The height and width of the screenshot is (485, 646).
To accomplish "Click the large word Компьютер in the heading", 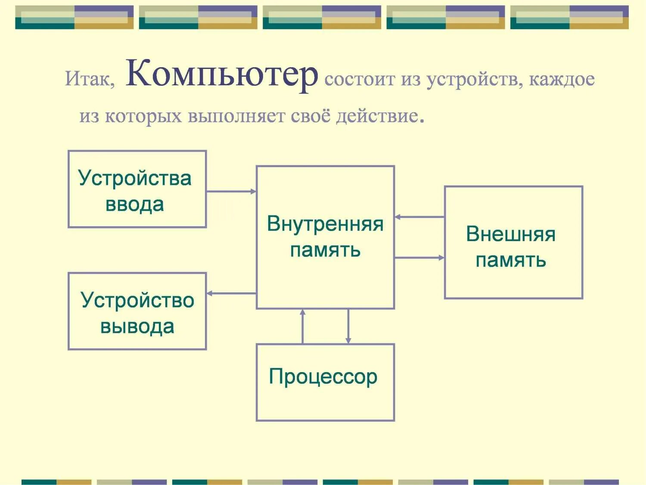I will [x=222, y=74].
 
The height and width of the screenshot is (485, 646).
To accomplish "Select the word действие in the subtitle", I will [x=377, y=116].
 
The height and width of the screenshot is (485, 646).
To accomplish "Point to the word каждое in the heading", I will [x=562, y=79].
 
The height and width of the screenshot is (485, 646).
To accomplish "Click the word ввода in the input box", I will [x=135, y=204].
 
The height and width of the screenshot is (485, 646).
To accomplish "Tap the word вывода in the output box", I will [x=137, y=326].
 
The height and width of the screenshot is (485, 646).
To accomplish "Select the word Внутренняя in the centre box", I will [x=325, y=224].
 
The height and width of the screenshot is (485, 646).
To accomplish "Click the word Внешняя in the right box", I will [x=511, y=234].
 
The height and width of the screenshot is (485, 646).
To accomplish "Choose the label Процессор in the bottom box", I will [x=323, y=376].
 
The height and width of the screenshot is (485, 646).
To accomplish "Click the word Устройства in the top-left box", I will [x=135, y=178].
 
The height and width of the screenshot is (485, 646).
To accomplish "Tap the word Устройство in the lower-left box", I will [x=137, y=300].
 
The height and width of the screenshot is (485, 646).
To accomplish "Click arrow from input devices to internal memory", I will [x=231, y=192].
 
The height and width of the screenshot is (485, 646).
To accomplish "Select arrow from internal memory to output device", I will [x=231, y=293].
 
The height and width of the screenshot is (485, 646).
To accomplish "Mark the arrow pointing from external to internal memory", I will [x=419, y=217].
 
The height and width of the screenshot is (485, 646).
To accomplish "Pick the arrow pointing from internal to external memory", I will [x=419, y=258].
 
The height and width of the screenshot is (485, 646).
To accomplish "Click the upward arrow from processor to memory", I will [x=303, y=326].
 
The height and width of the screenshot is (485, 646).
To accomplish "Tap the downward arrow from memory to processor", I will [x=348, y=326].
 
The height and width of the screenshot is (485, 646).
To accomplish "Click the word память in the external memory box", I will [x=511, y=260].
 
